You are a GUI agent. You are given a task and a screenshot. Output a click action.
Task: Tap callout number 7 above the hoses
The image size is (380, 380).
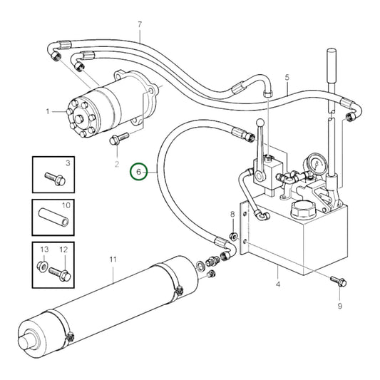pos(140,26)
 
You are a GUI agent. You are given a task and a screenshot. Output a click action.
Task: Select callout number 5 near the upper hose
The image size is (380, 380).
pos(287,77)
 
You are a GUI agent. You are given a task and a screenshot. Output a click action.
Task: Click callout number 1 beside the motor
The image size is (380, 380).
pos(48,111)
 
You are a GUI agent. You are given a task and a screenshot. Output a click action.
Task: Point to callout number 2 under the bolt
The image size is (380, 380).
pos(117,165)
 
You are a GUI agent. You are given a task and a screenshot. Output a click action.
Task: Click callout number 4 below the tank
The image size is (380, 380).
pos(278,285)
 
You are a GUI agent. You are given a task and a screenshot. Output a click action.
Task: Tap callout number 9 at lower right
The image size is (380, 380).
pos(339,305)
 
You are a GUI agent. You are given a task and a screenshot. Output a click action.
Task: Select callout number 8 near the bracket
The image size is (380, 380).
pos(232,215)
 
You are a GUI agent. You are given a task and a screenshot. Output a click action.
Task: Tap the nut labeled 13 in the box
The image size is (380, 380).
pos(42,269)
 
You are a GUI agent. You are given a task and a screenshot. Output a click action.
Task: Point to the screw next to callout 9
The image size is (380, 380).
pos(336,280)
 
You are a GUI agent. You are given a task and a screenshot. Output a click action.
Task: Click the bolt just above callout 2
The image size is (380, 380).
pos(118,139)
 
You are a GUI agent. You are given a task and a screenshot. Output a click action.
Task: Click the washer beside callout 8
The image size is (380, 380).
pos(234,237)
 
